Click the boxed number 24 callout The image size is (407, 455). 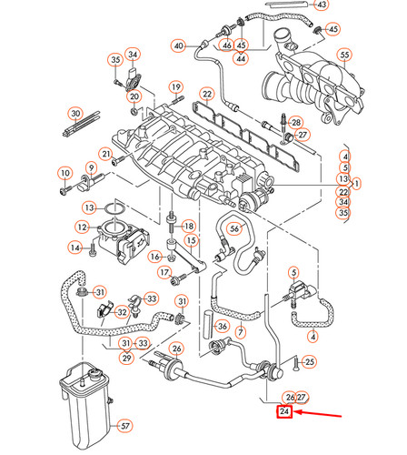click(x=285, y=412)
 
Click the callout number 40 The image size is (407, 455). click(x=178, y=45)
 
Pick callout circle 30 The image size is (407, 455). click(x=75, y=114)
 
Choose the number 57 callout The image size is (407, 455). click(x=126, y=425)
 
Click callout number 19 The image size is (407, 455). click(x=175, y=86)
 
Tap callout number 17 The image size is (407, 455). click(x=164, y=271)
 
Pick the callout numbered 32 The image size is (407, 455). click(x=122, y=312)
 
